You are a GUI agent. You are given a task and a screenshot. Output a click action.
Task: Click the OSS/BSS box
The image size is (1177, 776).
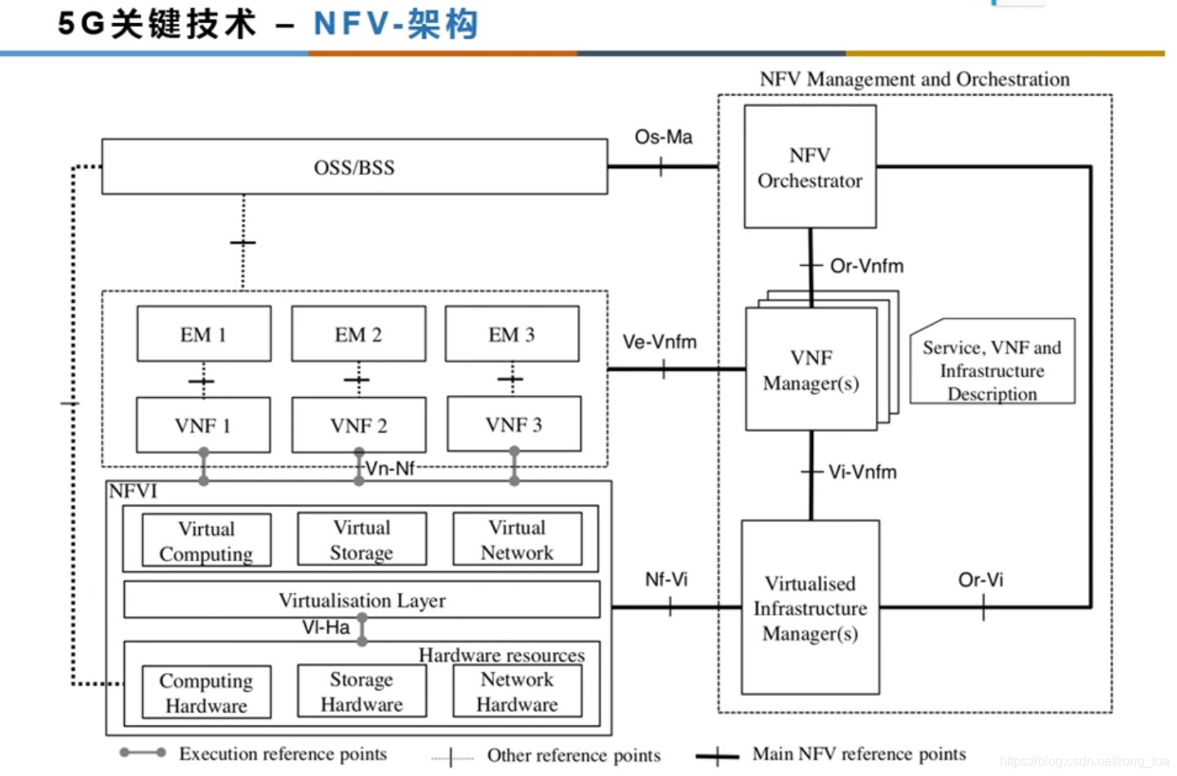tap(354, 167)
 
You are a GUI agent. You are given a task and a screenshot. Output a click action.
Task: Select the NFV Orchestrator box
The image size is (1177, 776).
tap(810, 167)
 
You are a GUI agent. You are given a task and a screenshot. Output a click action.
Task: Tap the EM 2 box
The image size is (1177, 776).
tap(358, 334)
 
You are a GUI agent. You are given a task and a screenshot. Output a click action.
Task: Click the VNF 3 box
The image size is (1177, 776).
tap(513, 425)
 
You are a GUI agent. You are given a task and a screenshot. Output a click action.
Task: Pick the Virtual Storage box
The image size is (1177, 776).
tap(362, 540)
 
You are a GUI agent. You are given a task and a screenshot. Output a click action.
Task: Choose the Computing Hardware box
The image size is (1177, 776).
tap(206, 693)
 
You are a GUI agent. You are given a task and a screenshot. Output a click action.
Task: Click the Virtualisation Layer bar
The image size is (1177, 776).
tap(362, 600)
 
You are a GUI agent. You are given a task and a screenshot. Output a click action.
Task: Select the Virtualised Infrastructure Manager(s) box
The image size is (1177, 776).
tap(810, 608)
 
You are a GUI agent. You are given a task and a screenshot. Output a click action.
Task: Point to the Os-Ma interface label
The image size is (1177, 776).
tap(663, 137)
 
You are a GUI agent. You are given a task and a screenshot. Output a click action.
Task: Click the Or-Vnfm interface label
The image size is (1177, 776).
tap(866, 266)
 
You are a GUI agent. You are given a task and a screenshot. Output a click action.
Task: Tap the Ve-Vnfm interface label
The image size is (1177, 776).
tap(660, 341)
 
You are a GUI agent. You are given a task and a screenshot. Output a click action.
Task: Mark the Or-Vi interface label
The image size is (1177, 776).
tap(980, 580)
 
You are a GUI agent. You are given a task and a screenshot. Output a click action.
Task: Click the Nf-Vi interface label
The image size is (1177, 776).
tap(666, 579)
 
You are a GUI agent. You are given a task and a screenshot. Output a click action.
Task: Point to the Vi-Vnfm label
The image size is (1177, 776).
tap(862, 472)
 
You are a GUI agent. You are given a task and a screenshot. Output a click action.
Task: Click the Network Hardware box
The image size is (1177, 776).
tap(517, 692)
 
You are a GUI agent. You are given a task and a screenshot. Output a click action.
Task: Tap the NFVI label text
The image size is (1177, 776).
tap(133, 491)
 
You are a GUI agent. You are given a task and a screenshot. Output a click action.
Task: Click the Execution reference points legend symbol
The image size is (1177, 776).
tap(143, 752)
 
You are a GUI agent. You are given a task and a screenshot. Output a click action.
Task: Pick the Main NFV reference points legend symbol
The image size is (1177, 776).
tap(717, 756)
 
